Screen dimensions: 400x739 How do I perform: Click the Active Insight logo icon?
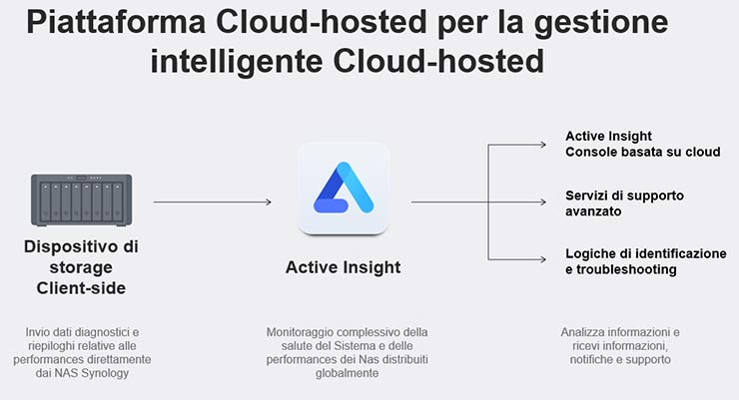click(343, 189)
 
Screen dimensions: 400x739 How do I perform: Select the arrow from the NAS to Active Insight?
click(212, 202)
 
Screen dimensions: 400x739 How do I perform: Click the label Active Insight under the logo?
click(343, 267)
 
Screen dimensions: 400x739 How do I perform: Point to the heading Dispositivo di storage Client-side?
click(83, 267)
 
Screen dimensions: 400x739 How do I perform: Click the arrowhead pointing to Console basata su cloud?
click(545, 145)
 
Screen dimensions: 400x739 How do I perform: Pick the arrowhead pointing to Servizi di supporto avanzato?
click(545, 202)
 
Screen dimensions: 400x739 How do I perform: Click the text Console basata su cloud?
click(642, 152)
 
